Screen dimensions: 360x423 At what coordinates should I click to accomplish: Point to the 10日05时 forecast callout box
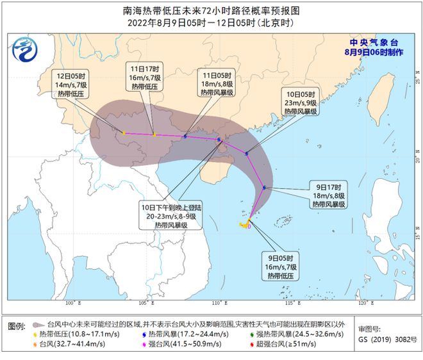click(x=301, y=101)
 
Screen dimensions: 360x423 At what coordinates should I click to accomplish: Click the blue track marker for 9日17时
click(x=264, y=188)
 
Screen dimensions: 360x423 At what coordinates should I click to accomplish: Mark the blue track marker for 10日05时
click(x=247, y=153)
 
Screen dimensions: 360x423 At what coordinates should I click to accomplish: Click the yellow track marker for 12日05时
click(x=124, y=133)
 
